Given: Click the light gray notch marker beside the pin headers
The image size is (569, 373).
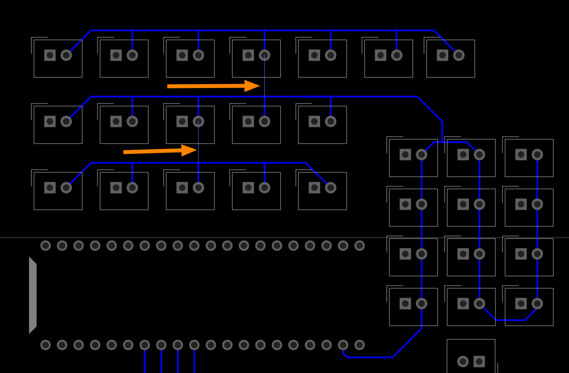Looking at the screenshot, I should click(x=33, y=295).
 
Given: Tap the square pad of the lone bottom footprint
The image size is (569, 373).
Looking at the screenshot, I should click(x=479, y=361).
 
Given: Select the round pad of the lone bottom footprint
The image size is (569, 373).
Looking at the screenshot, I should click(x=463, y=361).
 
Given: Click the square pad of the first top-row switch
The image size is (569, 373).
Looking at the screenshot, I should click(x=50, y=55).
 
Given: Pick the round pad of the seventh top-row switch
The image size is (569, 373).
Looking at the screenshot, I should click(x=459, y=55).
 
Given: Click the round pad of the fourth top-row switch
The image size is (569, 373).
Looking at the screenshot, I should click(x=264, y=55).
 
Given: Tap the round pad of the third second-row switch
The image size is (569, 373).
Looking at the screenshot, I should click(x=198, y=122).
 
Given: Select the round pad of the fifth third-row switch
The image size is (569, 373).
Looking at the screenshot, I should click(x=331, y=188).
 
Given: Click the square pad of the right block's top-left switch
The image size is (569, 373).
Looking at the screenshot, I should click(x=405, y=155).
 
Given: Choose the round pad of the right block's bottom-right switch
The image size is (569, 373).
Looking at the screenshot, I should click(x=537, y=304).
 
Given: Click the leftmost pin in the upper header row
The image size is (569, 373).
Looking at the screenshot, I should click(x=46, y=246).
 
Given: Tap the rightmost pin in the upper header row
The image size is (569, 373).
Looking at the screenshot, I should click(x=359, y=246).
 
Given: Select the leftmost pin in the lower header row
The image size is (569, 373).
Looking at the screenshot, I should click(x=46, y=345).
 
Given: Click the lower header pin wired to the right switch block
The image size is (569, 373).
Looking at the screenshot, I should click(x=343, y=345).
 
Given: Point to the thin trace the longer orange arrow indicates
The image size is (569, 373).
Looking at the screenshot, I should click(x=264, y=87).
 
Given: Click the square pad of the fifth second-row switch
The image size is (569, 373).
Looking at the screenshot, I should click(x=315, y=122).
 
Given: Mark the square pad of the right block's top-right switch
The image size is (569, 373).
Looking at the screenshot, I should click(x=521, y=155).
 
